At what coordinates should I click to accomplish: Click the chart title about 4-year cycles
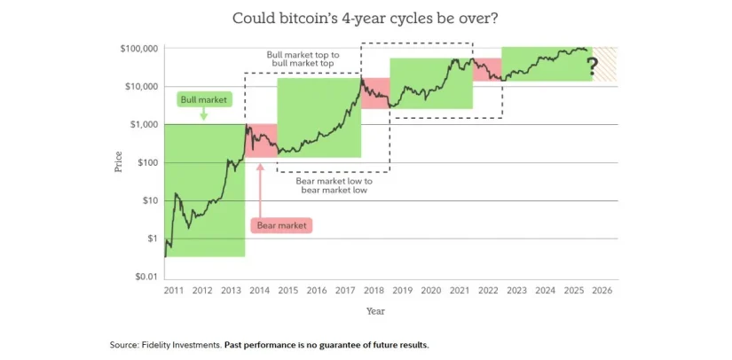[x=365, y=18]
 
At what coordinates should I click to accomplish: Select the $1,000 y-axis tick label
[x=142, y=124]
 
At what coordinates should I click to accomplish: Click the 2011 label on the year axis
[x=174, y=290]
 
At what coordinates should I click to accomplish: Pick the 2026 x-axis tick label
[x=602, y=290]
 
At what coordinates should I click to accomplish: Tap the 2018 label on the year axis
[x=374, y=290]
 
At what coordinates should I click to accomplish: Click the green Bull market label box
[x=203, y=99]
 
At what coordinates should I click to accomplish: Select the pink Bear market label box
[x=281, y=226]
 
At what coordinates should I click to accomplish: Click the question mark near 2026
[x=592, y=64]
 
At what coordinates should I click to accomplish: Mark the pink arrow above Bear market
[x=259, y=186]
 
